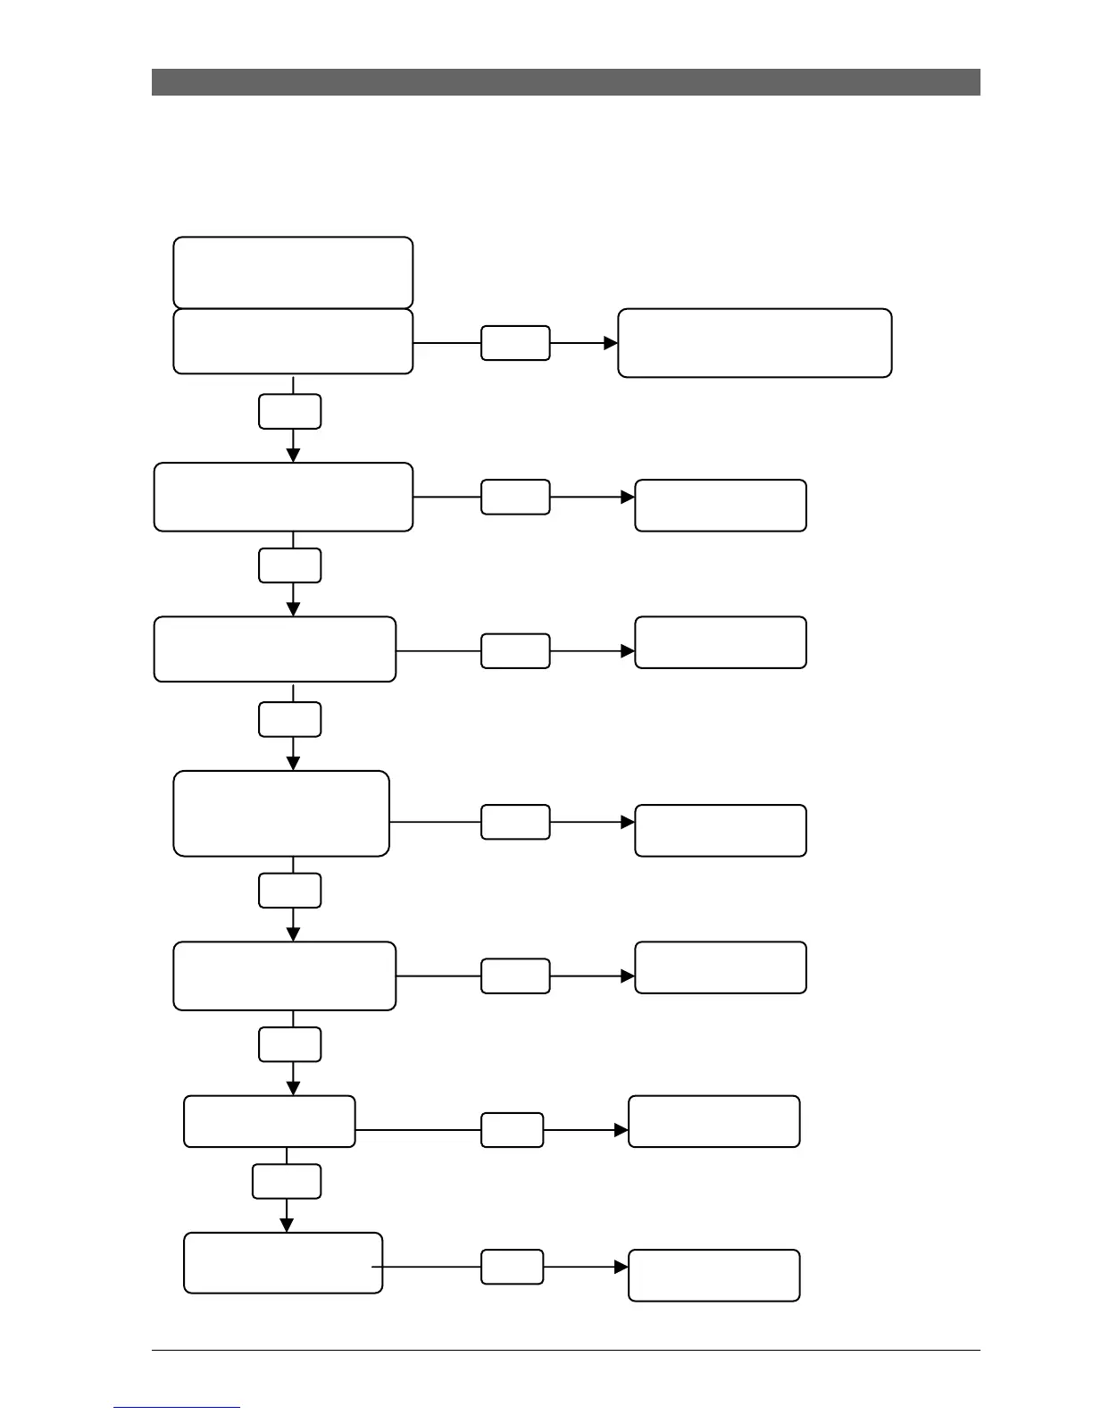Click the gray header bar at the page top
click(x=565, y=82)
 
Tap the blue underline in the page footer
click(x=177, y=1407)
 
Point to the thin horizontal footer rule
click(x=565, y=1350)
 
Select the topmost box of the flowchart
click(x=293, y=272)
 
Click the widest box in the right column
click(x=755, y=343)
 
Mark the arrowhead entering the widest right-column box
click(x=611, y=343)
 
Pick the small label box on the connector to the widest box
click(x=515, y=343)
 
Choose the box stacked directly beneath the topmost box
click(x=293, y=341)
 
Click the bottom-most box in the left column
click(x=283, y=1262)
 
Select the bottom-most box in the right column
click(x=713, y=1275)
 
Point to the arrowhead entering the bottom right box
click(x=622, y=1267)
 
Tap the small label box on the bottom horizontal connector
click(x=512, y=1267)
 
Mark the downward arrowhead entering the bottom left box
click(x=287, y=1226)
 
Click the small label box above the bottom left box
click(x=287, y=1181)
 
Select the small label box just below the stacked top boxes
click(x=290, y=412)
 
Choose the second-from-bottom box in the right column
click(x=713, y=1121)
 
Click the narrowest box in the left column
click(x=269, y=1121)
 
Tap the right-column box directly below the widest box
click(x=720, y=506)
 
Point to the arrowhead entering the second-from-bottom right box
click(x=622, y=1130)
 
